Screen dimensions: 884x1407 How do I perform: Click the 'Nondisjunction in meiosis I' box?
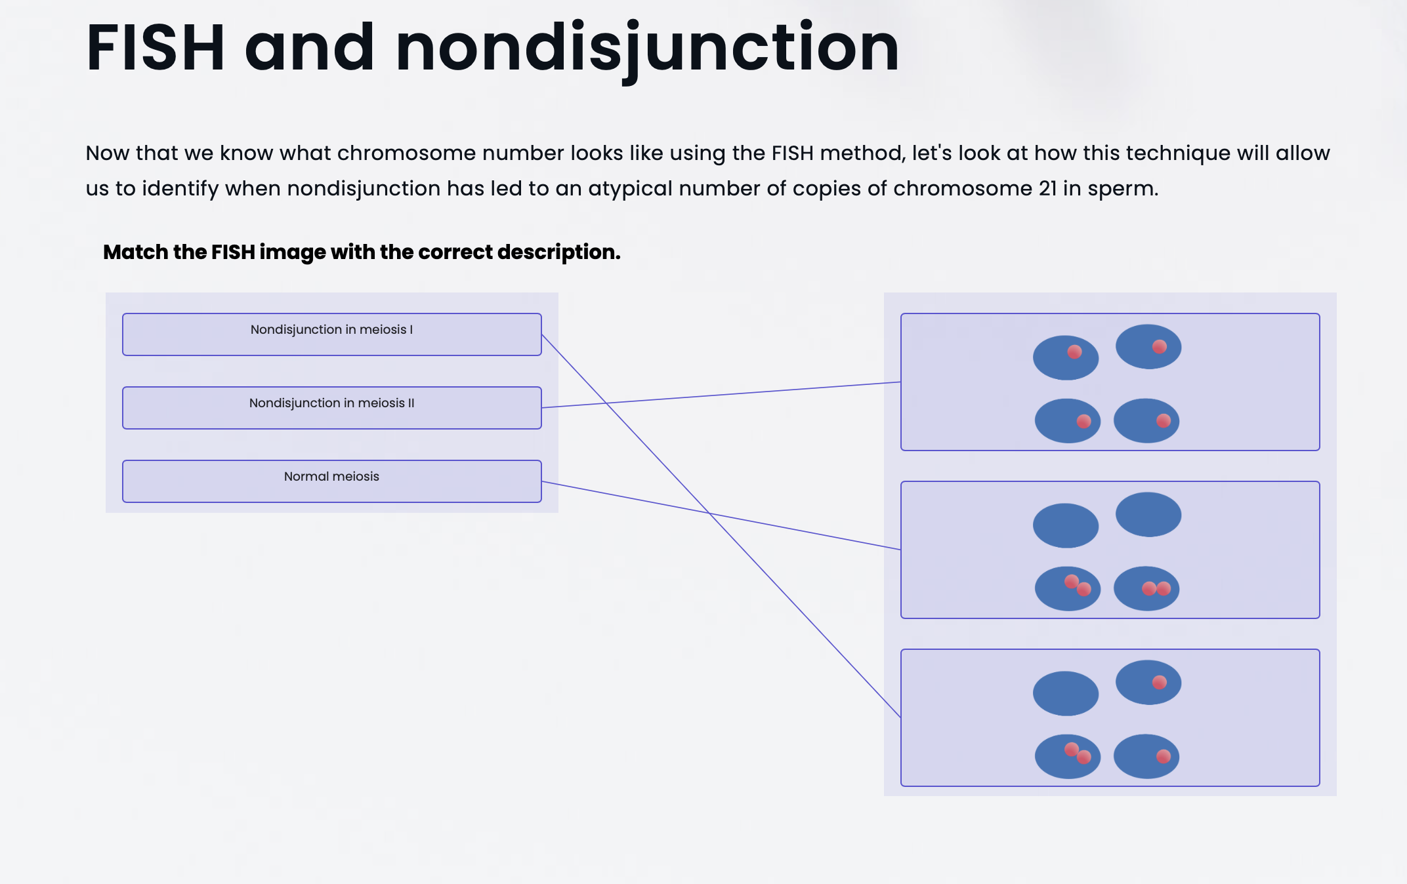[x=331, y=334]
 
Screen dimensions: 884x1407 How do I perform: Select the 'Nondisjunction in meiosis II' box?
[x=331, y=408]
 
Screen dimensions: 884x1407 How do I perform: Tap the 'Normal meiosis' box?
[x=331, y=481]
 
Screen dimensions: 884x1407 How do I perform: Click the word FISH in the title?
[x=156, y=48]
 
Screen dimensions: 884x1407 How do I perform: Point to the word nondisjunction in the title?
[x=647, y=48]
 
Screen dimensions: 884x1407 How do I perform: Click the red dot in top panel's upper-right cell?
[x=1160, y=346]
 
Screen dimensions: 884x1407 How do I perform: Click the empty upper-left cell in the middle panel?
[x=1065, y=525]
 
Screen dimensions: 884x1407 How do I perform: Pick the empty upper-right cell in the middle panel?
[x=1148, y=514]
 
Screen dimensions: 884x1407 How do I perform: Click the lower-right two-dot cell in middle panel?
[x=1146, y=588]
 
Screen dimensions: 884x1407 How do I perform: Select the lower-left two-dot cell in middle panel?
[x=1067, y=588]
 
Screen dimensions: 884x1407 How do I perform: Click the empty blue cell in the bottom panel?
[x=1065, y=693]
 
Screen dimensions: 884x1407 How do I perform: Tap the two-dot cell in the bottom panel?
[x=1067, y=756]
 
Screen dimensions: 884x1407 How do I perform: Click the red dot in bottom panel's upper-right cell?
[x=1160, y=682]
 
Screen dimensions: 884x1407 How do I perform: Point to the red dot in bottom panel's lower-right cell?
[x=1164, y=756]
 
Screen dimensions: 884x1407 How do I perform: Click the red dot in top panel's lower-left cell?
[x=1084, y=421]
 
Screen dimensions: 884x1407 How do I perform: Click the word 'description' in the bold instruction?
[x=556, y=252]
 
